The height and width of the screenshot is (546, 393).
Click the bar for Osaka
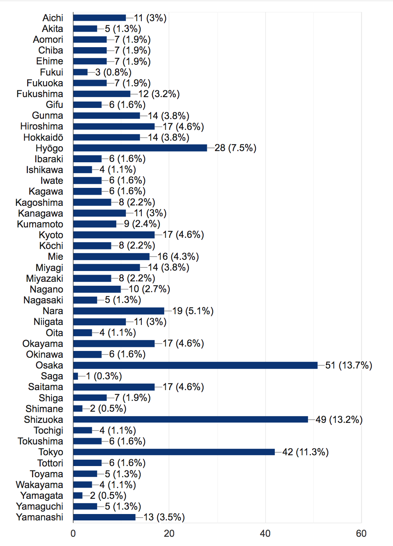click(x=195, y=365)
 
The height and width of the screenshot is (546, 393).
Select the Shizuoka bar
click(x=191, y=419)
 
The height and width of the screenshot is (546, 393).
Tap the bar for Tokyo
click(x=174, y=452)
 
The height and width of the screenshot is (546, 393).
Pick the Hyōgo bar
click(x=140, y=148)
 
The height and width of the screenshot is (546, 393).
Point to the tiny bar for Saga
click(x=75, y=376)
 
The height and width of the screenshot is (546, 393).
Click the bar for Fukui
click(x=80, y=72)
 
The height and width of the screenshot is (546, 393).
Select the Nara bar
click(x=119, y=311)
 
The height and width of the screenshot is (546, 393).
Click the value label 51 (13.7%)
click(x=349, y=365)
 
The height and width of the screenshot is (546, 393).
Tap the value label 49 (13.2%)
click(x=339, y=420)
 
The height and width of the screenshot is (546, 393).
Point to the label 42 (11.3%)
click(x=306, y=452)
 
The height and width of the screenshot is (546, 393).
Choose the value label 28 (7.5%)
click(x=235, y=148)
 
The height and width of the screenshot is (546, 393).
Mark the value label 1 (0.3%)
click(x=104, y=376)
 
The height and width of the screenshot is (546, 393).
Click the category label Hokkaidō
click(x=43, y=137)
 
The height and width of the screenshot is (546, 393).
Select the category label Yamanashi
click(x=40, y=517)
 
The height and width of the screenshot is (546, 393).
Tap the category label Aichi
click(x=53, y=18)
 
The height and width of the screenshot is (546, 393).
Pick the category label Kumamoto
click(x=40, y=224)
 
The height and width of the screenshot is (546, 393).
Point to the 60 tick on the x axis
click(x=361, y=533)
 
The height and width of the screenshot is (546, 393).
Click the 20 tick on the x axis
click(x=169, y=533)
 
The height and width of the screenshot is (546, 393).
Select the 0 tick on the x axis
click(x=73, y=533)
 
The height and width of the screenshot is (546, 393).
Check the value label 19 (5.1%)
click(x=193, y=311)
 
